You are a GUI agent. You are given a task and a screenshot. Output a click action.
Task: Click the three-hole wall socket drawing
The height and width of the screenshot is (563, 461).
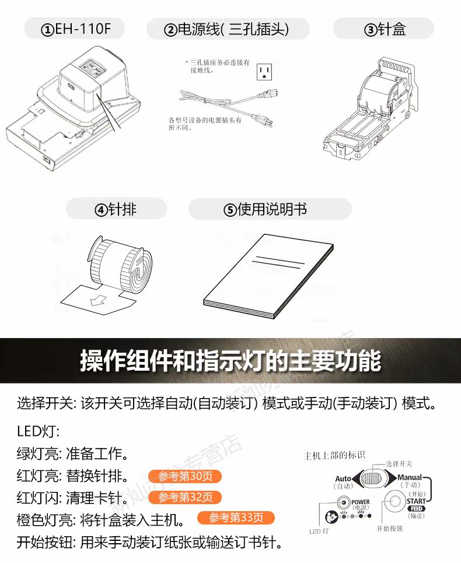pos(265,72)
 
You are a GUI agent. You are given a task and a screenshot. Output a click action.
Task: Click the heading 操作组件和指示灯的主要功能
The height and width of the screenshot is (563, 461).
pos(230,361)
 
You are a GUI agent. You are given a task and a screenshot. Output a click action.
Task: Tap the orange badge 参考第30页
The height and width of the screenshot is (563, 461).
pos(184,477)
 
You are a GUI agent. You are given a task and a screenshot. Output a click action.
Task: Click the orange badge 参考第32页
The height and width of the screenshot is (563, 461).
pos(184,497)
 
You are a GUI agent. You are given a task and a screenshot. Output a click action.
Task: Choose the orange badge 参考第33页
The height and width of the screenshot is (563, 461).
pos(236,518)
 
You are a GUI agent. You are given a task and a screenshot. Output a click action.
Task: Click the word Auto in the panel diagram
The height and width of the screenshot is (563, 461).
pos(343,478)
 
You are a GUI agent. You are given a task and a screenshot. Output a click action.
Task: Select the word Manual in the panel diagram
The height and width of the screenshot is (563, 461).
pos(410,477)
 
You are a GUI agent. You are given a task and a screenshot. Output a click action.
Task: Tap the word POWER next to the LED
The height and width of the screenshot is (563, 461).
pos(360,501)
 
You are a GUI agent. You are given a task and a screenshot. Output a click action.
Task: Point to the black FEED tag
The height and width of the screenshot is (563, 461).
pos(416,509)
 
